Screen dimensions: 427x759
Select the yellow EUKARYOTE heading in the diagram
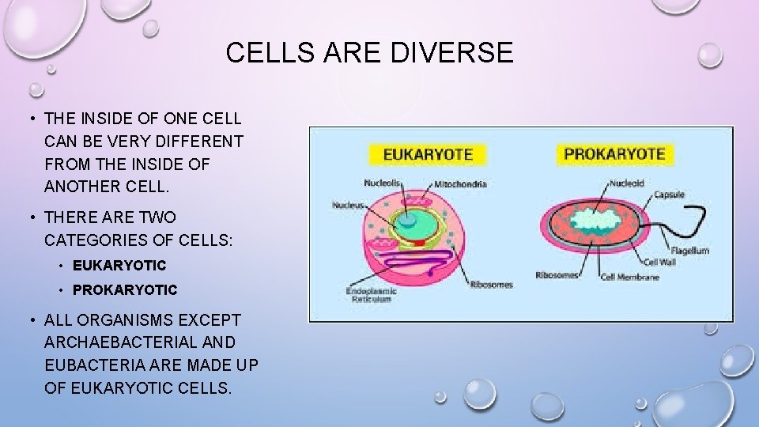[x=428, y=153]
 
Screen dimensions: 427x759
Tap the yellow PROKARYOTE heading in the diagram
[x=615, y=153]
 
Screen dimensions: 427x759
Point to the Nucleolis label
[x=383, y=183]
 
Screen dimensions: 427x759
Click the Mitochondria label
[x=460, y=184]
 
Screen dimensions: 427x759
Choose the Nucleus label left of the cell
[x=348, y=206]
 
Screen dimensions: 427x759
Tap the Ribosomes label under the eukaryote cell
[x=491, y=285]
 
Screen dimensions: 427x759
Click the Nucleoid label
[x=626, y=183]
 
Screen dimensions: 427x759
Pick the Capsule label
[x=669, y=195]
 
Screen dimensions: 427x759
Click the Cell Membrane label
[x=630, y=277]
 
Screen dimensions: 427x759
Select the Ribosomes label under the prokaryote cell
[x=557, y=276]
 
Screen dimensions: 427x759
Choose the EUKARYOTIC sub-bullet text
[x=119, y=266]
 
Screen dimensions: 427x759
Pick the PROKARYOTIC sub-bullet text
[x=125, y=290]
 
